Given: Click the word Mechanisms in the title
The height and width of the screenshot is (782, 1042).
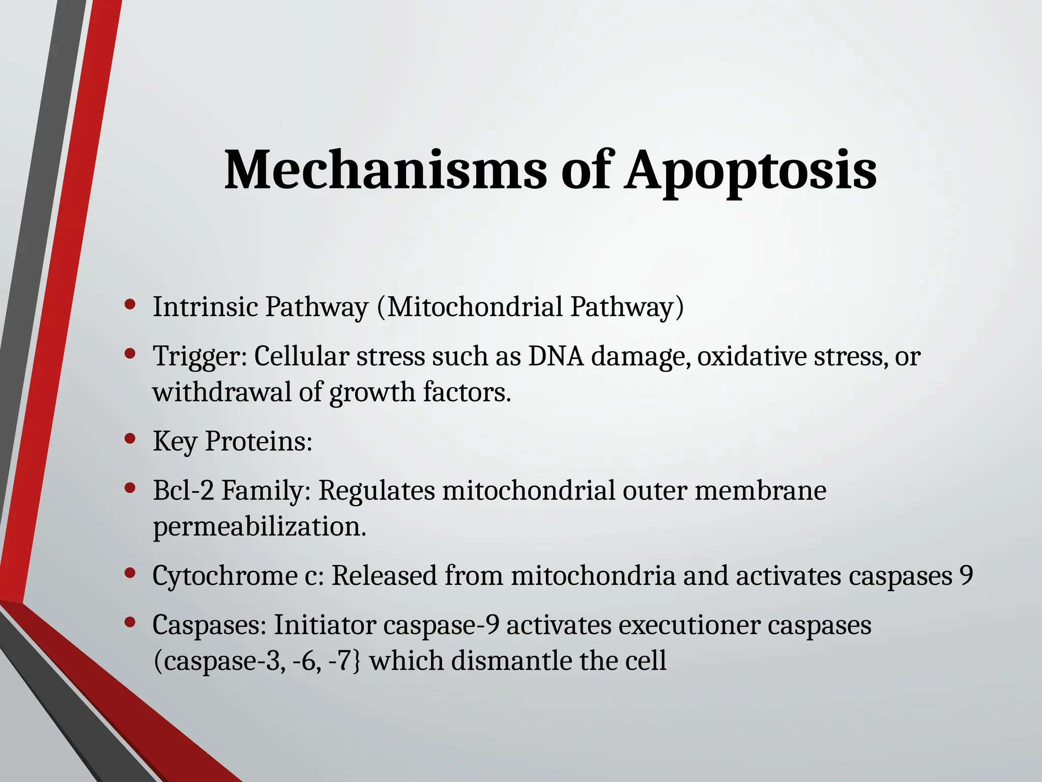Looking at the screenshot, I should (x=385, y=170).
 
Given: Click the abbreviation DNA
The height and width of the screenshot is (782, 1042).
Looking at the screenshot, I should (x=556, y=356).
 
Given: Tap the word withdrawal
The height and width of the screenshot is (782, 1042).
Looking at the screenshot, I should (x=221, y=392).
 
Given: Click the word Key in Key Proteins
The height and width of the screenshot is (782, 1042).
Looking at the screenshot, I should (x=175, y=441).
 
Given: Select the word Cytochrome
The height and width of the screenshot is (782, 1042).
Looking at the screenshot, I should (x=224, y=576).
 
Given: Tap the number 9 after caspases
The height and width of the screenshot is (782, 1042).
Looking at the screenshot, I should (x=966, y=575).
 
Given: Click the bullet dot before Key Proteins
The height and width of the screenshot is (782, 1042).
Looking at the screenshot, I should (x=130, y=438).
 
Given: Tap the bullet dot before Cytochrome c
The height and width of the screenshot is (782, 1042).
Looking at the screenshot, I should (x=130, y=573).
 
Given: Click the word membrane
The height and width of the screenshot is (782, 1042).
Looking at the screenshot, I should (x=760, y=491).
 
